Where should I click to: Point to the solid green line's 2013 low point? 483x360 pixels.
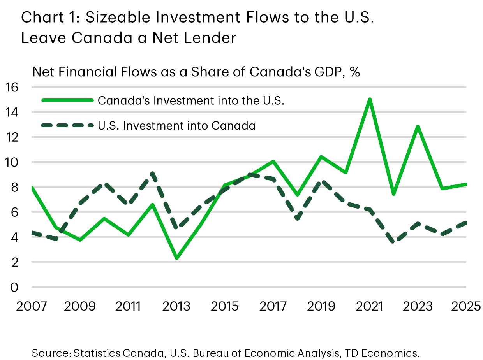tap(176, 258)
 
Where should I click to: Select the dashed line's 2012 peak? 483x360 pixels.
tap(152, 173)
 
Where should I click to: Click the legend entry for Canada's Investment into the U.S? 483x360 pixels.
tap(191, 100)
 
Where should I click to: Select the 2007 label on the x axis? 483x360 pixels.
tap(32, 306)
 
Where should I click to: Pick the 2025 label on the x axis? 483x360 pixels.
tap(465, 306)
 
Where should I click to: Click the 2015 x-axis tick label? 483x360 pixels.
tap(225, 306)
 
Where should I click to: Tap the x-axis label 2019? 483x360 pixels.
tap(321, 306)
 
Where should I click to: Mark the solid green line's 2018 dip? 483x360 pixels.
tap(297, 194)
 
